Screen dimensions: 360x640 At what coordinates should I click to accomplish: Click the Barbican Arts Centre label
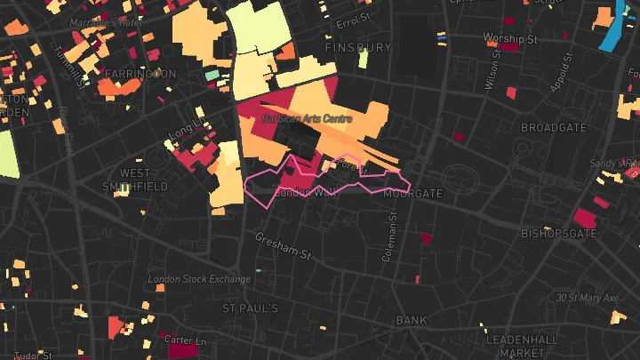(307, 118)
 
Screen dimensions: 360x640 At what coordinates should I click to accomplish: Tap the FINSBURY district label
(358, 46)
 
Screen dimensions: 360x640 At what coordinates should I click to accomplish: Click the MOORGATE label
(412, 193)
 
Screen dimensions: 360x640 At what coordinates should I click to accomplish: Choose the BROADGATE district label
(553, 128)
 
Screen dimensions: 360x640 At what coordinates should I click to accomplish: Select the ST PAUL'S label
(250, 308)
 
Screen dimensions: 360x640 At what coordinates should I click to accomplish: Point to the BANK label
(412, 320)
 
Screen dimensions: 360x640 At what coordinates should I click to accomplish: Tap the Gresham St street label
(284, 246)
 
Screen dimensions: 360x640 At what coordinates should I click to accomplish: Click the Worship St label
(510, 39)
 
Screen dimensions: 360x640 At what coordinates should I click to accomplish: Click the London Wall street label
(304, 192)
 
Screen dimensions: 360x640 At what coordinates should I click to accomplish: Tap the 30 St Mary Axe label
(587, 298)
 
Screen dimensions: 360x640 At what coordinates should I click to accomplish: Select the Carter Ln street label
(186, 340)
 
